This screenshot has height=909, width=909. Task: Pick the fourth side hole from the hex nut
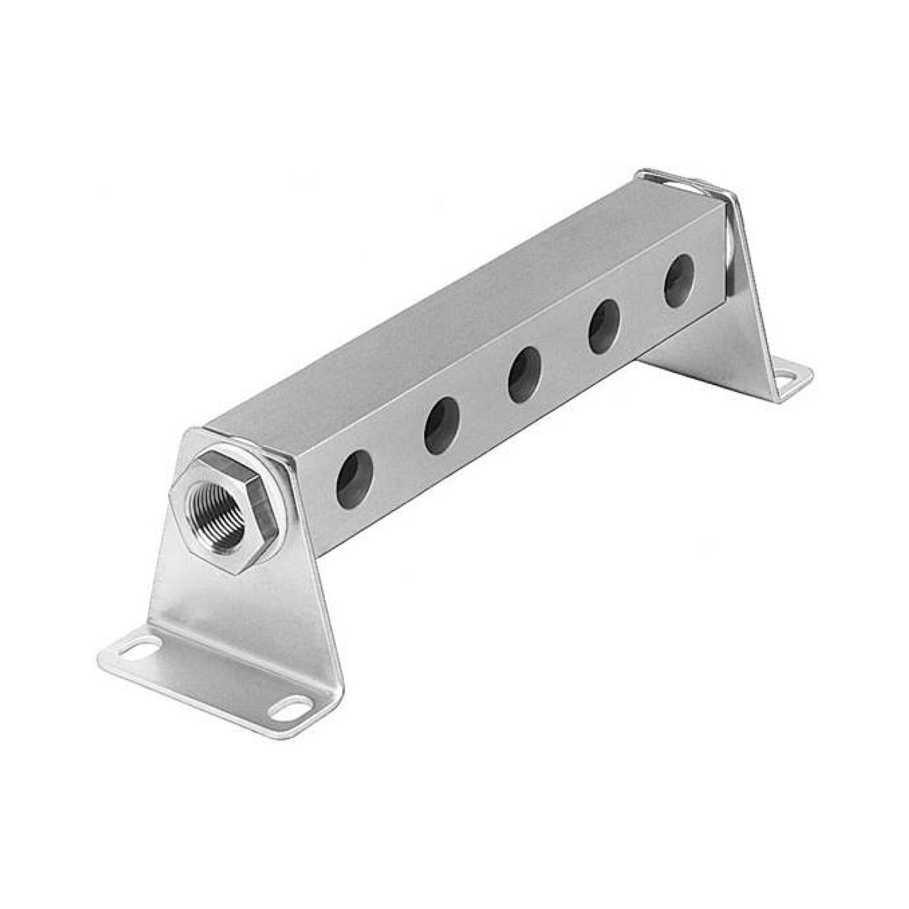[604, 326]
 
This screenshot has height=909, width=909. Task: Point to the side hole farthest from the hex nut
[679, 281]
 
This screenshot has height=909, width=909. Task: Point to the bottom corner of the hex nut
[239, 572]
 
